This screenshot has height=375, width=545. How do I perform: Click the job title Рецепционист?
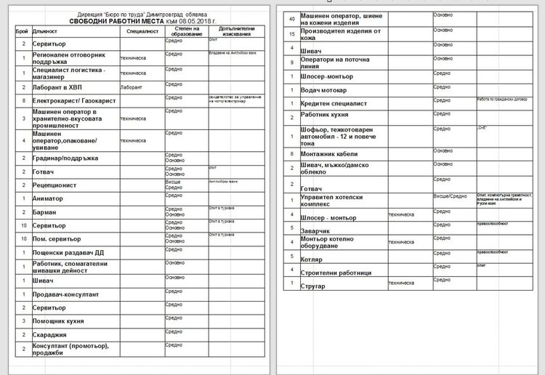pyautogui.click(x=54, y=185)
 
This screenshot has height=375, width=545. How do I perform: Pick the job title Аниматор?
pyautogui.click(x=48, y=198)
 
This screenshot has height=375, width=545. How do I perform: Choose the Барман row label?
pyautogui.click(x=45, y=212)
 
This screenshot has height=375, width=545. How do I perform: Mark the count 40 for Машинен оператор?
pyautogui.click(x=292, y=17)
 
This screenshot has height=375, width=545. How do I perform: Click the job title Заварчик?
pyautogui.click(x=317, y=230)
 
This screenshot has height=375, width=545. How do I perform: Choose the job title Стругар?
pyautogui.click(x=315, y=286)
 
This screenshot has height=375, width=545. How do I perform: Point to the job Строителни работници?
pyautogui.click(x=336, y=272)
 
